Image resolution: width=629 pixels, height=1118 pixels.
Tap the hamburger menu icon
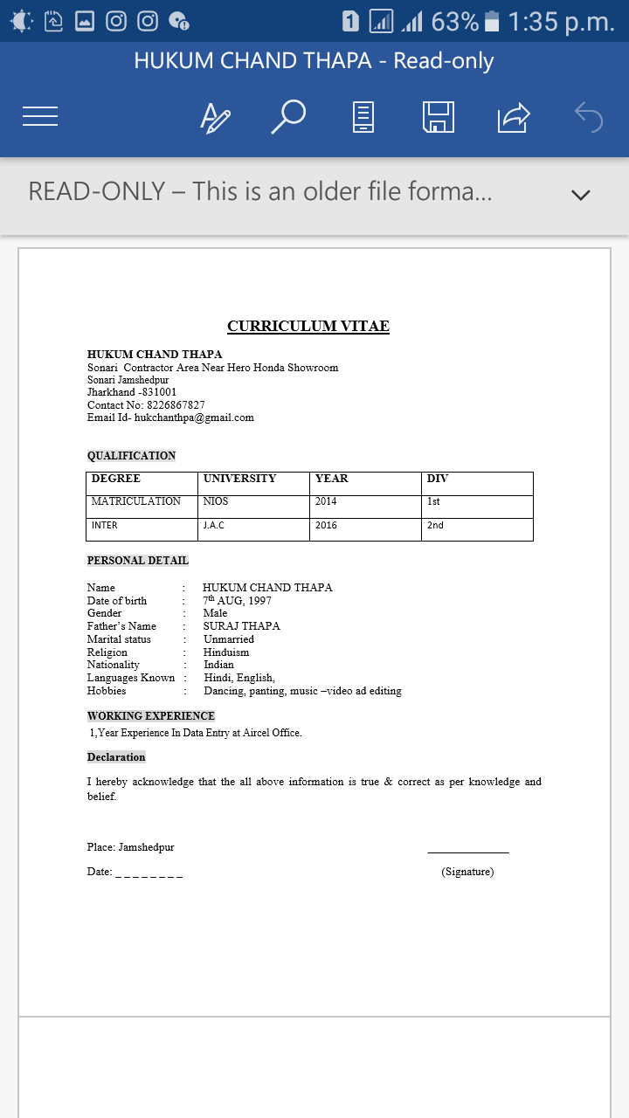click(40, 116)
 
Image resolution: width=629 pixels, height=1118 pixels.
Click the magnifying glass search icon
click(288, 116)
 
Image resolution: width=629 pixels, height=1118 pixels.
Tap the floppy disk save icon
click(438, 116)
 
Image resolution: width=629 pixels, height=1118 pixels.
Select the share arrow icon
click(514, 116)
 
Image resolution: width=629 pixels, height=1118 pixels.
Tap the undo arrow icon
click(589, 116)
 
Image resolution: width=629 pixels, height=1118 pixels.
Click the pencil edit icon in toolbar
click(215, 116)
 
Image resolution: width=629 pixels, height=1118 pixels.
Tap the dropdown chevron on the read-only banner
click(581, 195)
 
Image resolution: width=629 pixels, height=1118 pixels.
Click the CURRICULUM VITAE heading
click(308, 327)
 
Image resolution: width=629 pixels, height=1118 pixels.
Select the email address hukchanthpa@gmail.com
click(194, 418)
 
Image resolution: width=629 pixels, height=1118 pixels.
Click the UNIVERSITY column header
click(239, 479)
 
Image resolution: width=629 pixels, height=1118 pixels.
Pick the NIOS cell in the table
click(216, 501)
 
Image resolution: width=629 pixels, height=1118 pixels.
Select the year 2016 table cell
click(326, 525)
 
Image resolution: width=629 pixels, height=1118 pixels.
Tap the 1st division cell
click(433, 501)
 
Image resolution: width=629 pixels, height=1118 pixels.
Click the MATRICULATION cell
click(135, 501)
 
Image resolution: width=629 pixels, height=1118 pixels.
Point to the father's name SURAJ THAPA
click(242, 626)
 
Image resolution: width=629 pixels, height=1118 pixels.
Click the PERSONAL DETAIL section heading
click(138, 561)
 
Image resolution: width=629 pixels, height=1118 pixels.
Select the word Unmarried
click(229, 639)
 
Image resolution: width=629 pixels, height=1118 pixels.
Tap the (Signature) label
click(467, 872)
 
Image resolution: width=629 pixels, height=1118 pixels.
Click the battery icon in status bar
click(492, 22)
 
